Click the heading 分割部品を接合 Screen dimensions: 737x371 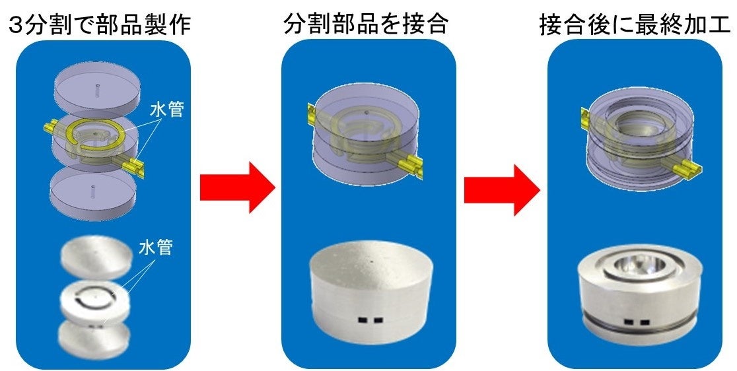coord(365,24)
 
